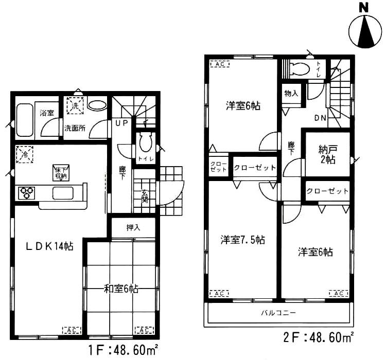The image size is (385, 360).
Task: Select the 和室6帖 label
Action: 120,289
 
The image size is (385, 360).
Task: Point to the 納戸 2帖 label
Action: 326,154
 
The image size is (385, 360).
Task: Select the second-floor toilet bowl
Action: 300,69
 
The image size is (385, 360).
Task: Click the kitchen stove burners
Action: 26,193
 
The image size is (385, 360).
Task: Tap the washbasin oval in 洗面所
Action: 97,105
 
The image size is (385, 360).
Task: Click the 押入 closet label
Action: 133,227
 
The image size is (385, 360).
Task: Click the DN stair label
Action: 320,118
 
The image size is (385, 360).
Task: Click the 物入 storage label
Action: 291,94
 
